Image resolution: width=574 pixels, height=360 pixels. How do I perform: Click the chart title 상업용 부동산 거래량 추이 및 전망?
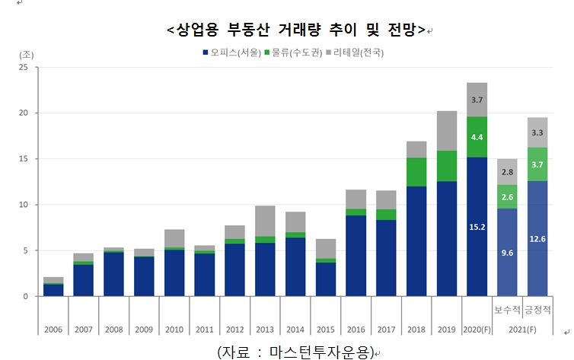tap(295, 30)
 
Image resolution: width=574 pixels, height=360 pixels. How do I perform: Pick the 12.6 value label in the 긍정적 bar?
tap(537, 239)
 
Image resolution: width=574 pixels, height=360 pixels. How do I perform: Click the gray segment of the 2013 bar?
tap(265, 221)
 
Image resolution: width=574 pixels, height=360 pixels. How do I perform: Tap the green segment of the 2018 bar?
tap(416, 172)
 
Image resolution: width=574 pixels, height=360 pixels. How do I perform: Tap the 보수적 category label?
tap(507, 311)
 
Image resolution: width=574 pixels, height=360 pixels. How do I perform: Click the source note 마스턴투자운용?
tap(297, 352)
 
